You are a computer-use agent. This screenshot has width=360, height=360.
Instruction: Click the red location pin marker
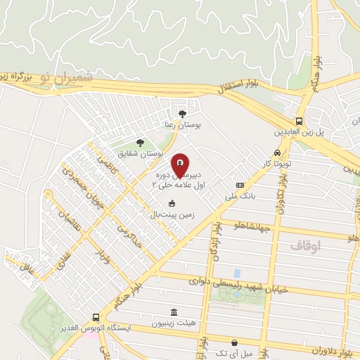180,165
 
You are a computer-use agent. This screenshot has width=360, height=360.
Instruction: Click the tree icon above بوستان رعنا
183,114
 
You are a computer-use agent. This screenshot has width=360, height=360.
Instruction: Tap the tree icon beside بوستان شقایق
140,143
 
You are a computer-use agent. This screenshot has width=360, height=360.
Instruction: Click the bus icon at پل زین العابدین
300,120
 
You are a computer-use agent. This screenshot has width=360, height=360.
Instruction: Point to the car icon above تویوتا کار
278,153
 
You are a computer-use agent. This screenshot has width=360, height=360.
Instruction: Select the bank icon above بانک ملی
240,186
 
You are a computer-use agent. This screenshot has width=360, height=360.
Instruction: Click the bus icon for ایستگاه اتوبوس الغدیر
96,318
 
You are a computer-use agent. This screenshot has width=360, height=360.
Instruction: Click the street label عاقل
28,266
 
